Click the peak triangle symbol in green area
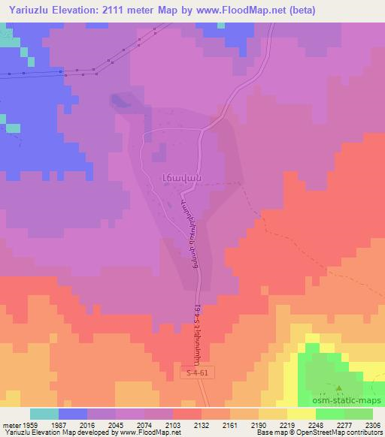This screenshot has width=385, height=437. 338,388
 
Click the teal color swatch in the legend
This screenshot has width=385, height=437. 44,414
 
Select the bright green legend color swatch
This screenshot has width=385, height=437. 330,414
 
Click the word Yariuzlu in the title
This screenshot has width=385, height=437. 28,10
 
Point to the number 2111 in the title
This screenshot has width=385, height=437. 126,10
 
